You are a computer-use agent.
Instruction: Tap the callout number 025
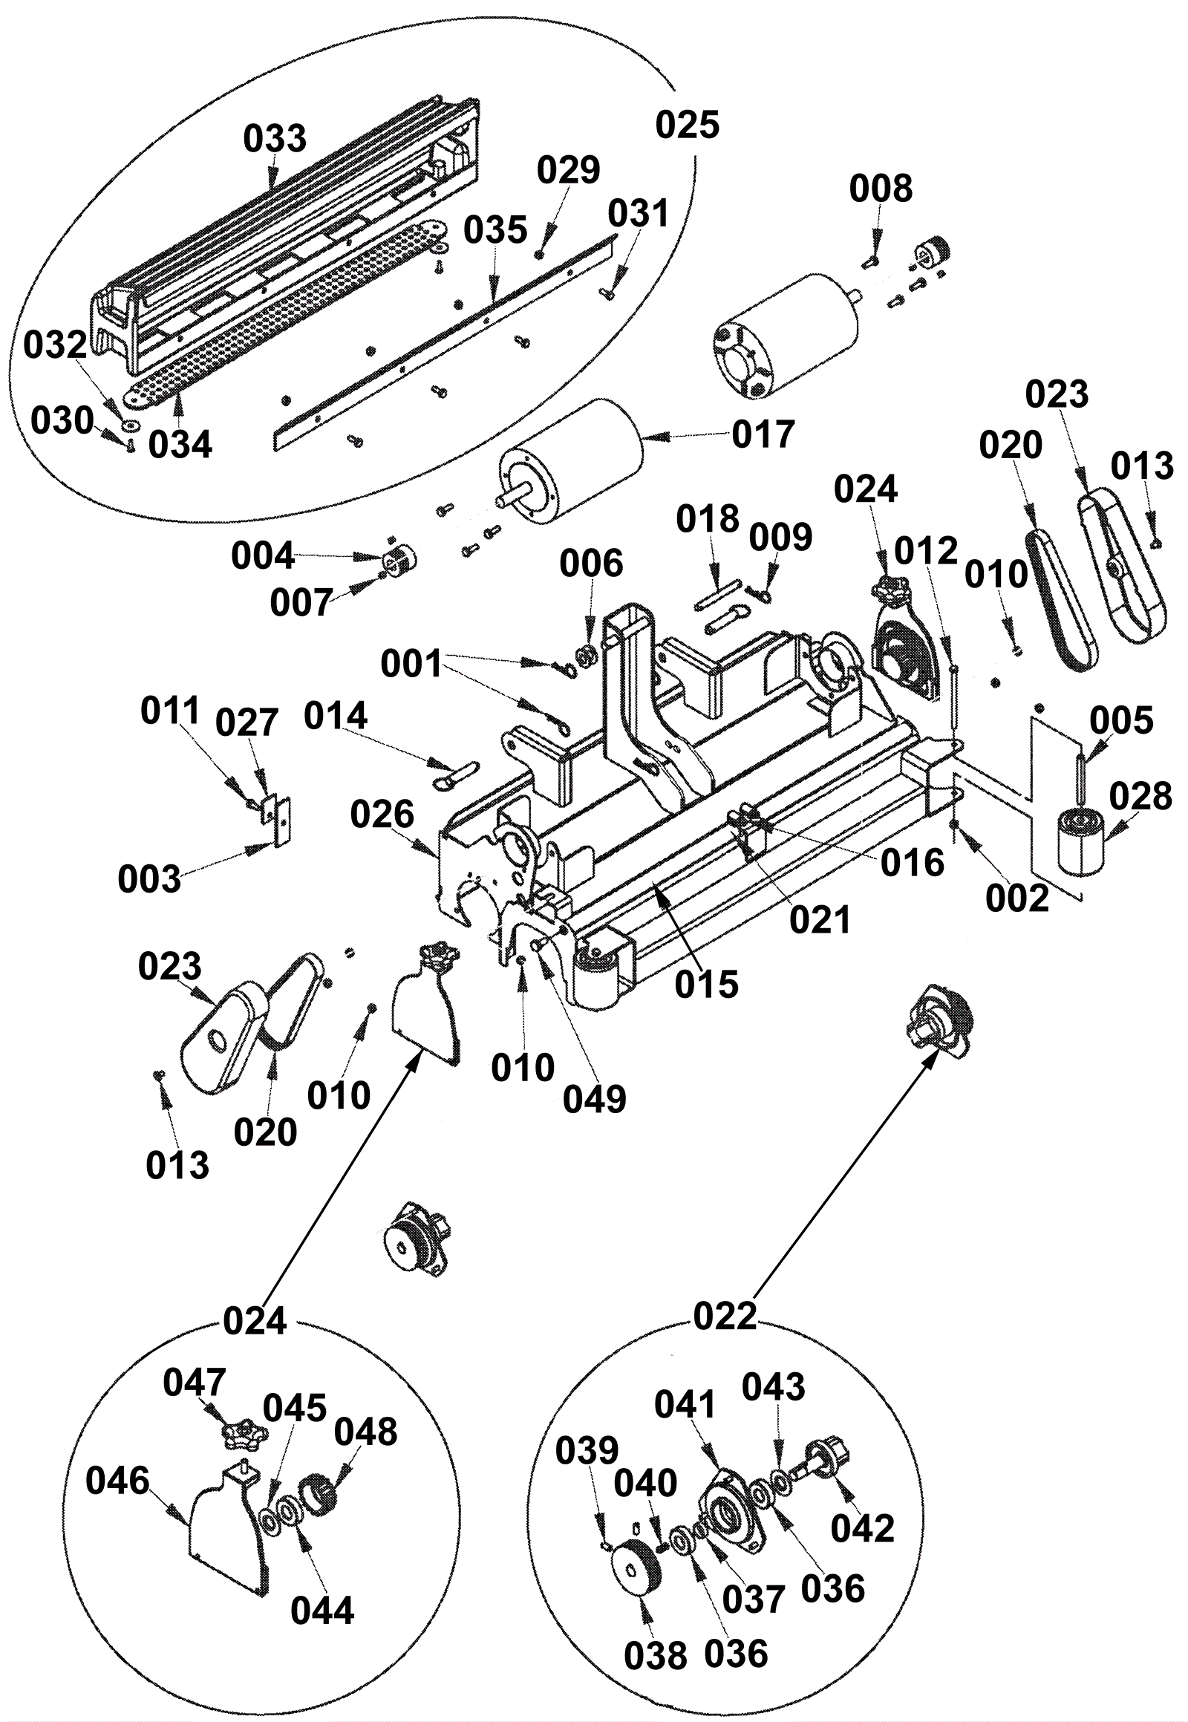click(x=687, y=125)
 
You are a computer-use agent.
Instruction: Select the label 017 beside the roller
click(x=763, y=434)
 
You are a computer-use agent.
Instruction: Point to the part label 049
click(x=594, y=1100)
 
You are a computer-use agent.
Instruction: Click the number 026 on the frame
click(x=382, y=815)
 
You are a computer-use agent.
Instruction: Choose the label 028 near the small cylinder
click(x=1140, y=798)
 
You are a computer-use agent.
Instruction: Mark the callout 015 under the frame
click(x=706, y=985)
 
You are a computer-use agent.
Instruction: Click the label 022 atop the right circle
click(x=724, y=1317)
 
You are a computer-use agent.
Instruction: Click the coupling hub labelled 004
click(x=399, y=559)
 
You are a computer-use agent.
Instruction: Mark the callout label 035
click(x=495, y=230)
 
